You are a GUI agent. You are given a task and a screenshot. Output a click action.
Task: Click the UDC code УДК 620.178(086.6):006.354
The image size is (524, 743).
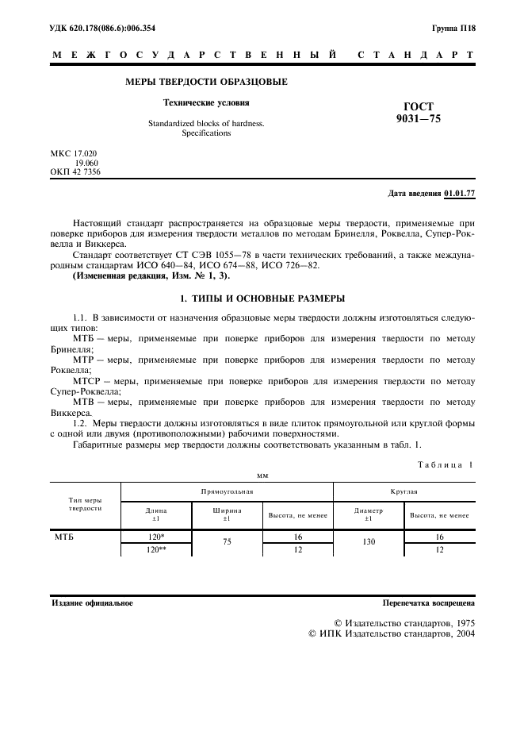tap(103, 29)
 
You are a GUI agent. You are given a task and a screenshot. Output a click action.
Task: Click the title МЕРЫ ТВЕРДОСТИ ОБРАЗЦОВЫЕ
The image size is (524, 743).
tap(207, 82)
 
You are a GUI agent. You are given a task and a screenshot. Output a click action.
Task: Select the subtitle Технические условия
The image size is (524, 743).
tap(206, 102)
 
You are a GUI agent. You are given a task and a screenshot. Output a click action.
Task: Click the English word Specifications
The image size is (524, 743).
tap(206, 133)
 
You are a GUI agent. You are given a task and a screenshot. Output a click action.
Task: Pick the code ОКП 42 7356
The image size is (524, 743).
tap(76, 171)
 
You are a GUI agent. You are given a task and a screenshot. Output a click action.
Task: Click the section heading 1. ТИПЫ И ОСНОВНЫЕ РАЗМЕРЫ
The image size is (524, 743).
tap(262, 298)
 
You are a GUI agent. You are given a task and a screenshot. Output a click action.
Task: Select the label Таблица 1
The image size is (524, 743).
tap(446, 465)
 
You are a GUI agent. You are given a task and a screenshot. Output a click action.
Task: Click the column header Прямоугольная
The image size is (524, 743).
tap(226, 492)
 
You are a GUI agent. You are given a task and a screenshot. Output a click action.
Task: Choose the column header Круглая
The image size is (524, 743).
tap(404, 492)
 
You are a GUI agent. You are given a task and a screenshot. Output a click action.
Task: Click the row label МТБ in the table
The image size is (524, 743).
tap(64, 537)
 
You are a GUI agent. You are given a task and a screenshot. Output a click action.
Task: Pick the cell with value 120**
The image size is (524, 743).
tap(156, 549)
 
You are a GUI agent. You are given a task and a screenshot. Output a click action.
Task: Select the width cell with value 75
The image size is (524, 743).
tap(226, 543)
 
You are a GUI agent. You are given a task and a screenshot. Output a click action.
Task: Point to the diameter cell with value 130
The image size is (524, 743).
tap(368, 543)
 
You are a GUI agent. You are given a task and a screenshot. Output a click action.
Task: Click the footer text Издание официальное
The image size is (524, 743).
tap(92, 603)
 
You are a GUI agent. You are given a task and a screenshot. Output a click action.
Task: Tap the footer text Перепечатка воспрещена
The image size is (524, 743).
tap(428, 603)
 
